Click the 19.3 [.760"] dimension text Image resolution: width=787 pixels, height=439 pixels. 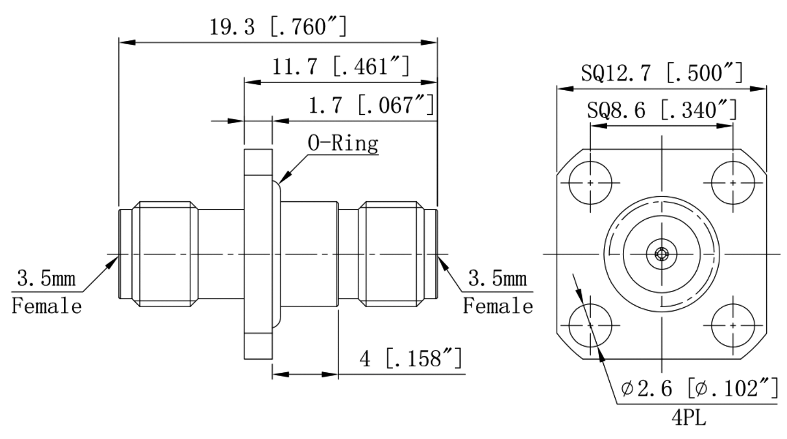(278, 26)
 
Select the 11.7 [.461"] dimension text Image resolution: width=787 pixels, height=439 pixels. (340, 67)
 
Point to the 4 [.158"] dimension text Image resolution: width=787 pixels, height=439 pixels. (410, 360)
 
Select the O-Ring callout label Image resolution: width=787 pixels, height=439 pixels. (343, 144)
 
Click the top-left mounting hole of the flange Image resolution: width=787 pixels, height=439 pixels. (590, 182)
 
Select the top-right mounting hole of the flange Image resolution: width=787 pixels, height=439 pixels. (732, 182)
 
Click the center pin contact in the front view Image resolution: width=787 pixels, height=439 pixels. (661, 254)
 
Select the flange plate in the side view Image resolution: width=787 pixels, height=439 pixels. (258, 254)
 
